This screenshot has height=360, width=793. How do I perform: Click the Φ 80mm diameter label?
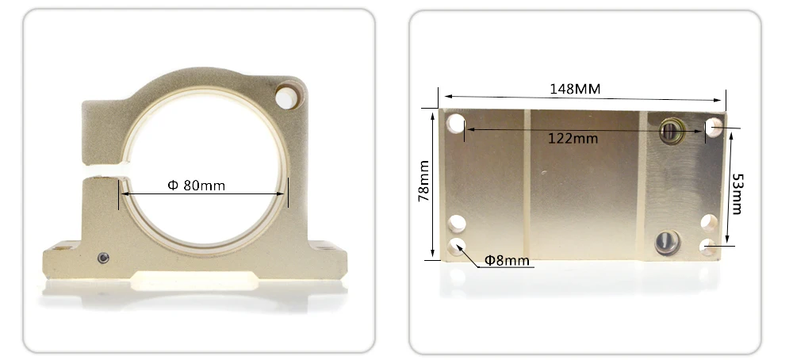point(196,186)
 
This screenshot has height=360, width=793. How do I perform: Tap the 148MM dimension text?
point(575,89)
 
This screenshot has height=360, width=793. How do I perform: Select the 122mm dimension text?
point(573,138)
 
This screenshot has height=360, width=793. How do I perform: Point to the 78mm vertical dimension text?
point(423,181)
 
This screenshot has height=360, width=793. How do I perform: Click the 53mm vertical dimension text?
point(737,193)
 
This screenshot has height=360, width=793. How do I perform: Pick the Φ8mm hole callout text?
point(507,260)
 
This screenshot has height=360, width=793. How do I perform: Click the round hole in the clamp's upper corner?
point(287,98)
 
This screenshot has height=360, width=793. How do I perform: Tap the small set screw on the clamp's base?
point(103,258)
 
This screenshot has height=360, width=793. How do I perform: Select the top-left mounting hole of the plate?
point(456,124)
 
